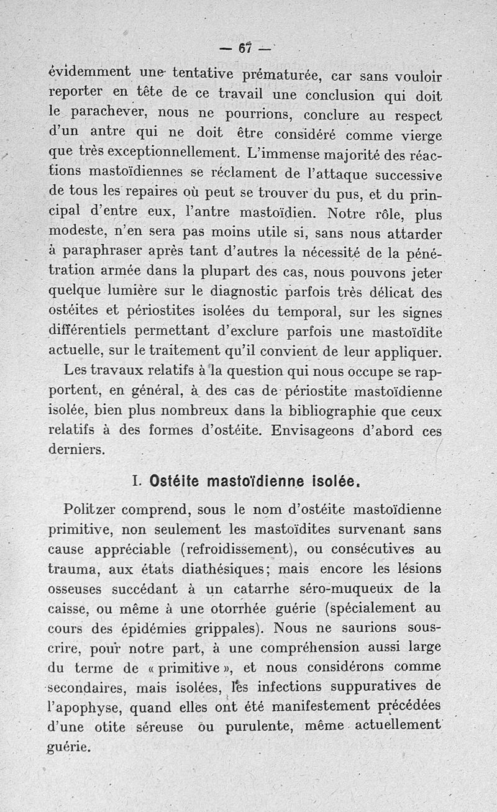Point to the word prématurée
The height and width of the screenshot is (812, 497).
coord(270,76)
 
